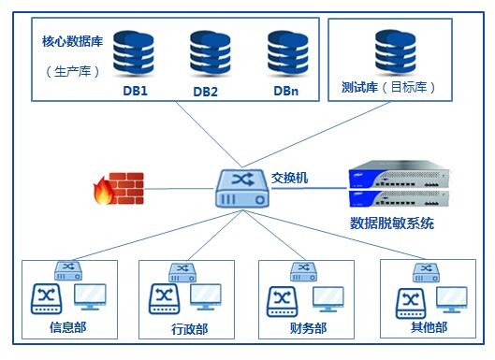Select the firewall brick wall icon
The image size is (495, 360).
(x=118, y=187)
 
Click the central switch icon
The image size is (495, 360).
(x=241, y=187)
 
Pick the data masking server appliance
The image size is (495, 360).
(x=393, y=187)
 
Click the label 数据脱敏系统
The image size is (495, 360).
(x=392, y=223)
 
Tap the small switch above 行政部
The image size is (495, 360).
(x=182, y=271)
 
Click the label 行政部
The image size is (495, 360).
(x=189, y=329)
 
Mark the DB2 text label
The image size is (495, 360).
(x=206, y=92)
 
